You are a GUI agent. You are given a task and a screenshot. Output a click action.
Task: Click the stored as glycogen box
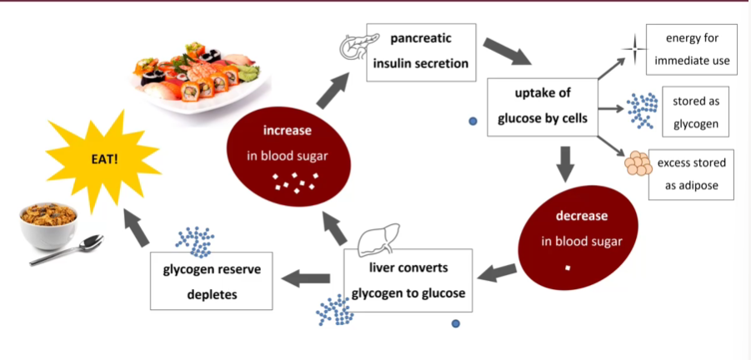click(x=695, y=112)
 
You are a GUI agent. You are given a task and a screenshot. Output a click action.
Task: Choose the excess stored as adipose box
click(x=690, y=174)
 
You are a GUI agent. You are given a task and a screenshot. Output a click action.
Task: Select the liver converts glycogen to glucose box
click(x=408, y=280)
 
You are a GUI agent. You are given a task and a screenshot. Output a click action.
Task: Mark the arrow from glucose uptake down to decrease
click(x=566, y=163)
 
